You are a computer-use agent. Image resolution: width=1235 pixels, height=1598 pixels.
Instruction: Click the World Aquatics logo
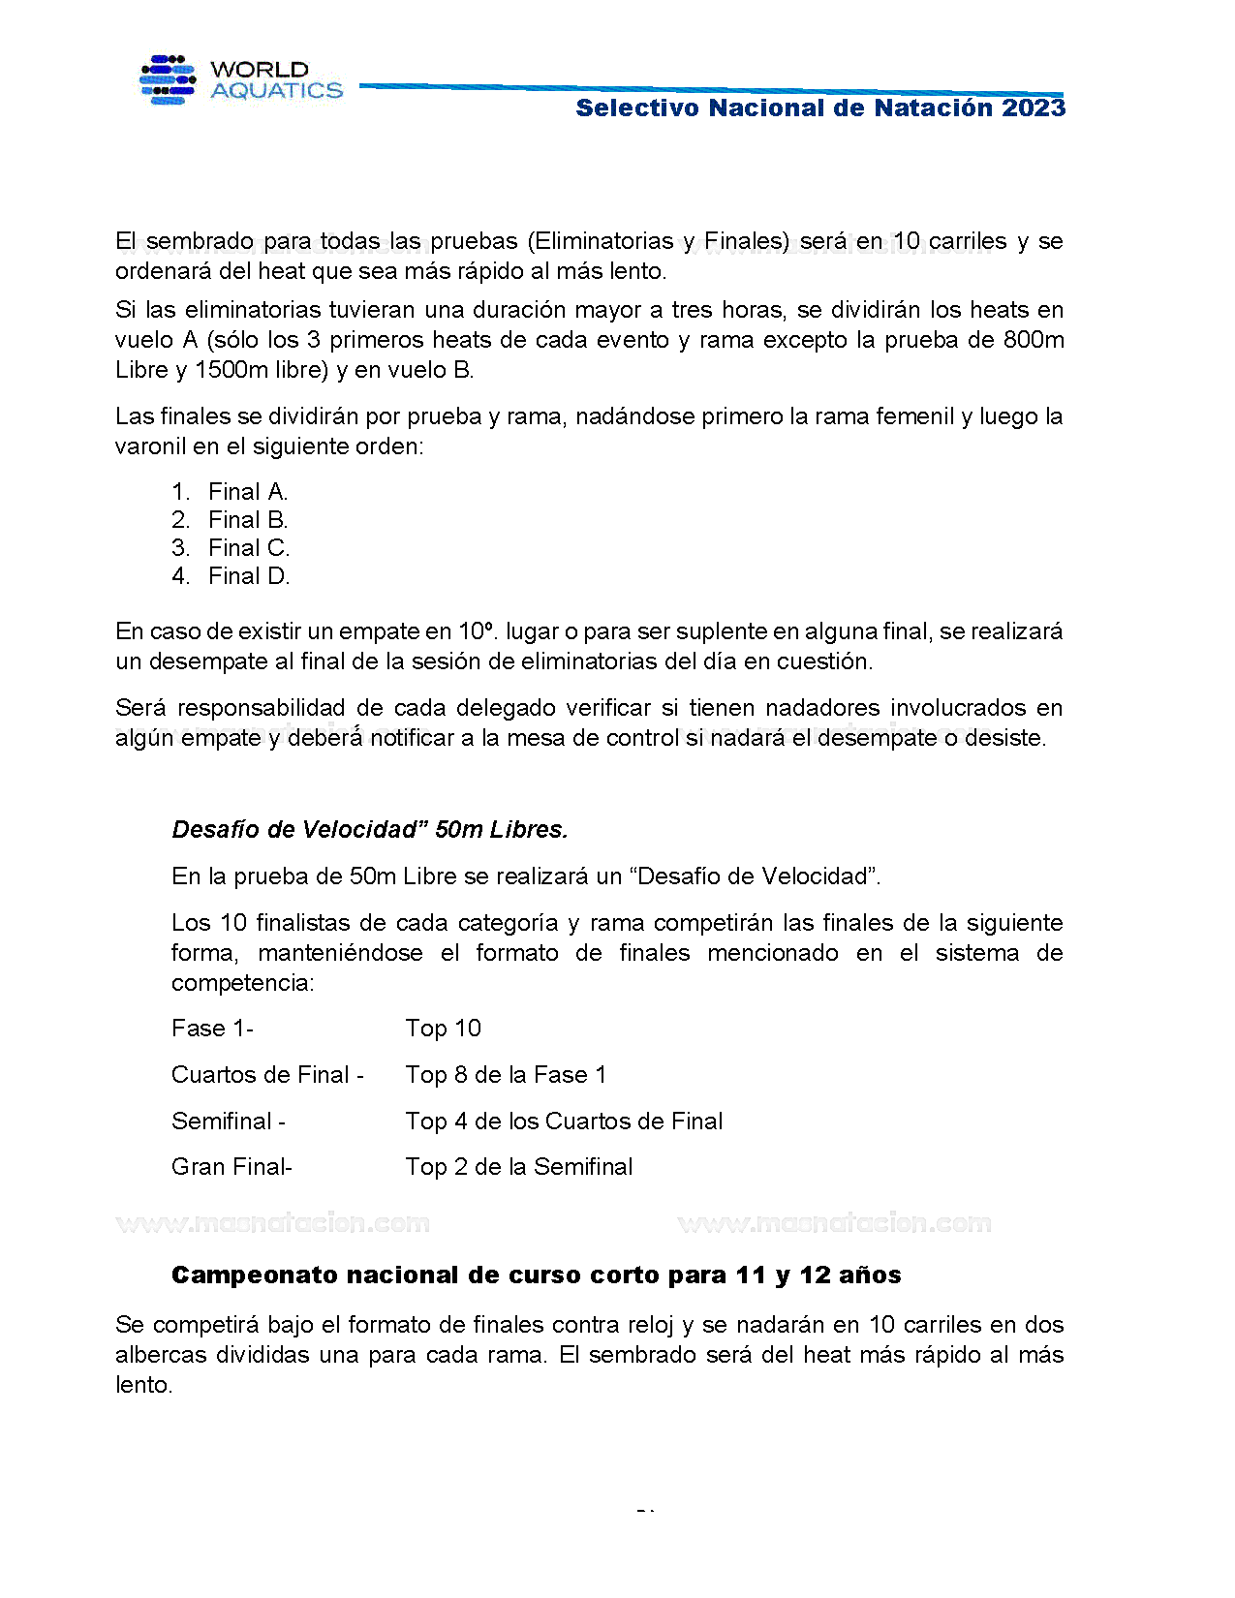(x=241, y=80)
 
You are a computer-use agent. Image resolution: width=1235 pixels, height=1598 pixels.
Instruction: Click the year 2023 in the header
(x=1034, y=108)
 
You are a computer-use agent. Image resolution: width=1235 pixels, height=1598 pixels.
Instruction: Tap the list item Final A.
(x=248, y=492)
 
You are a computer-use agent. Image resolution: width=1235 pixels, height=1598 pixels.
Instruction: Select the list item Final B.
(x=248, y=520)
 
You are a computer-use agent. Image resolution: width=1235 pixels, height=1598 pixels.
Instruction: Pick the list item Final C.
(x=249, y=548)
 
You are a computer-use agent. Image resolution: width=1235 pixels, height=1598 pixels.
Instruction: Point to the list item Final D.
(x=249, y=576)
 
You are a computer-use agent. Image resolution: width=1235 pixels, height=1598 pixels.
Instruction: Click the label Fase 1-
(x=212, y=1029)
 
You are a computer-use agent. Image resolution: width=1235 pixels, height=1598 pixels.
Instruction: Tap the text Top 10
(x=443, y=1029)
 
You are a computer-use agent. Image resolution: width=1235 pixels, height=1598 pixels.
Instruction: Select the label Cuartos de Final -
(x=267, y=1075)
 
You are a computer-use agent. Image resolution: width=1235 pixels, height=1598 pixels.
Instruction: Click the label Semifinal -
(x=229, y=1122)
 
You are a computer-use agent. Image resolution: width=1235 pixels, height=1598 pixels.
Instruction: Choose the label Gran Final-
(x=232, y=1167)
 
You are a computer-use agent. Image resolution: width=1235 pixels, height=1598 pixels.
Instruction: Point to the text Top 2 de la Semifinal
(x=518, y=1167)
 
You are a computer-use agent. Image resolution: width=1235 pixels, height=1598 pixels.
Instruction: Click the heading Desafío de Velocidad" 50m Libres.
(x=369, y=830)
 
